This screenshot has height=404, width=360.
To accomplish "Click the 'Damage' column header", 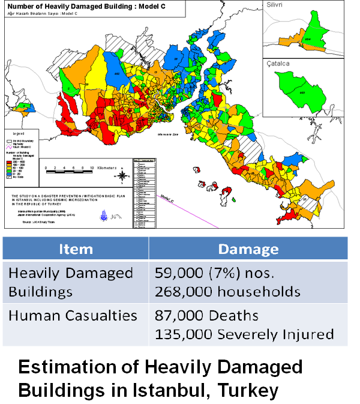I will (x=248, y=249).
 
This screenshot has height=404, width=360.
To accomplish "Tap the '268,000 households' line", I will (x=227, y=292).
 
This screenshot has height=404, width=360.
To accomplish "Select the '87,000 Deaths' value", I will (x=206, y=315).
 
